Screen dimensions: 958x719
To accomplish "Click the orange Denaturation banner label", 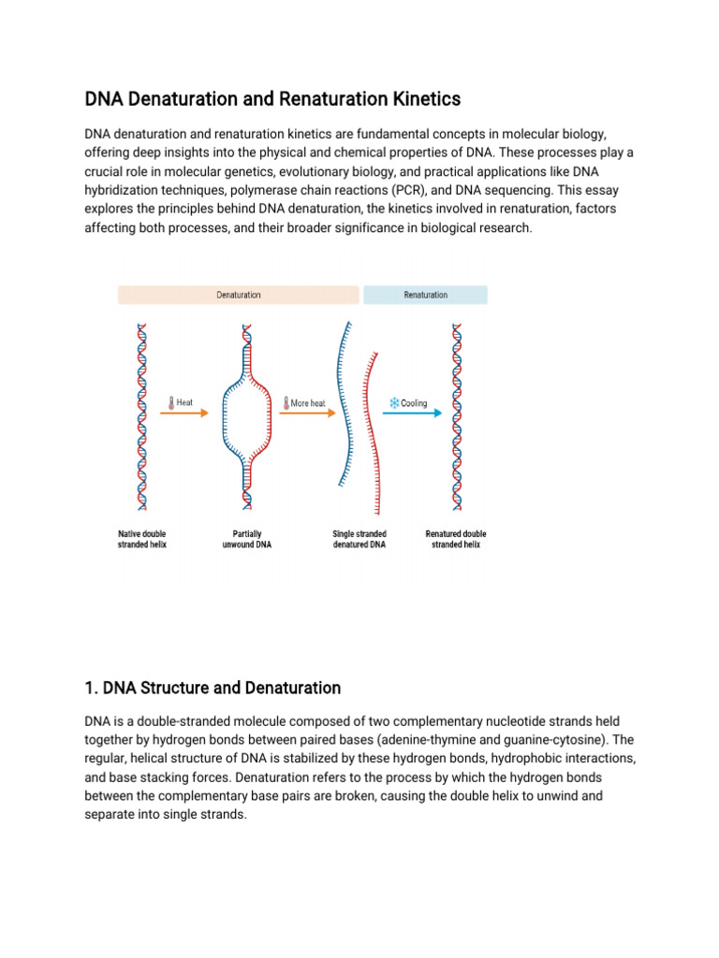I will (239, 295).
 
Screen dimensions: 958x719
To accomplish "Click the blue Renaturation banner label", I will (425, 295).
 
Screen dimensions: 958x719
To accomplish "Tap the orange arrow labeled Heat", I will (187, 414).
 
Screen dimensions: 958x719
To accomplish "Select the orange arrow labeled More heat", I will (306, 414).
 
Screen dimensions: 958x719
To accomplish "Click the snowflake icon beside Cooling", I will (394, 403).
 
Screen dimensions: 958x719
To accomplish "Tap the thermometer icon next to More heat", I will (286, 403).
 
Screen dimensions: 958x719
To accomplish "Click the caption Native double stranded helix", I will (142, 539).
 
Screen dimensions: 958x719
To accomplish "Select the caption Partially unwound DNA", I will (246, 539).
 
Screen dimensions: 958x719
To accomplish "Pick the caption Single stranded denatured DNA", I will (359, 539).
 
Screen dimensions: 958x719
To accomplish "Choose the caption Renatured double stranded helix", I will (456, 539).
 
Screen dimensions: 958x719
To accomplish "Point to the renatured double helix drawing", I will (457, 421).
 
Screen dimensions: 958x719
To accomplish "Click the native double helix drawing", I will (142, 421).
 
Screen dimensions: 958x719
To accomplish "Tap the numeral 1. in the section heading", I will (91, 689).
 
